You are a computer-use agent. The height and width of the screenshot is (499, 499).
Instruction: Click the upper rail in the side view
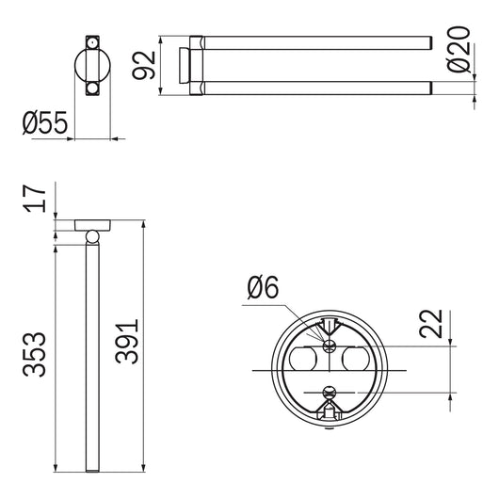[315, 40]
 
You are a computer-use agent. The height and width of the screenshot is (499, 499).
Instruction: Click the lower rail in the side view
[315, 88]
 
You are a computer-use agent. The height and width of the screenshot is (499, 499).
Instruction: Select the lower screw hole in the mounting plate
[328, 392]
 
